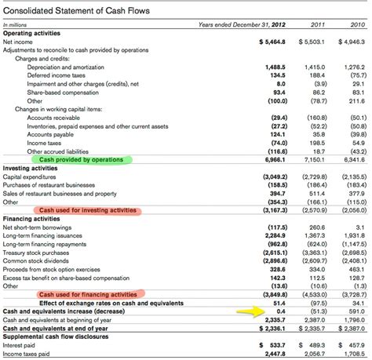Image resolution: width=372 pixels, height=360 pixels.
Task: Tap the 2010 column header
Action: (x=356, y=26)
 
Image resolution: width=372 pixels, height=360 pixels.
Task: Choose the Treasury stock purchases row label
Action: (x=40, y=252)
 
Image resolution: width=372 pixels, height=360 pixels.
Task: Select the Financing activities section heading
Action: (x=31, y=219)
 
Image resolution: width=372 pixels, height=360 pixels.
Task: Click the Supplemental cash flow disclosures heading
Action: (x=56, y=336)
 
